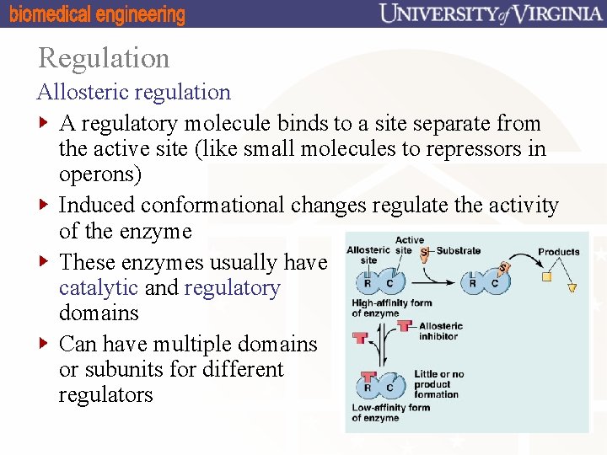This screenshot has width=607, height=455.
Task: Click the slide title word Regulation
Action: point(104,58)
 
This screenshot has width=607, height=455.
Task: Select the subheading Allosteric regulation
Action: point(133,92)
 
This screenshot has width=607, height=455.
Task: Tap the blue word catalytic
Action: point(99,288)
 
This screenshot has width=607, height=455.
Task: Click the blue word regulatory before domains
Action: point(232,288)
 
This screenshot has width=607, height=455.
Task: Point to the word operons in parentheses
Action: point(100,174)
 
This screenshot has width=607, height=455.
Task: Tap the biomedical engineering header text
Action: point(97,14)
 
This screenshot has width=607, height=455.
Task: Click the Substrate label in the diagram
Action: point(459,250)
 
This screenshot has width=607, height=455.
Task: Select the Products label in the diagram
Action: point(558,251)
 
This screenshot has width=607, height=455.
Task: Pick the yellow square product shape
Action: point(546,276)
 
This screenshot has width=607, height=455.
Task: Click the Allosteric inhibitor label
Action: point(439,331)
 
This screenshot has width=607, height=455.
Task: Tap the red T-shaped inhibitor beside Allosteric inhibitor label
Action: point(405,326)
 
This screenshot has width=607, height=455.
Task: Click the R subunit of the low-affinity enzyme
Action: point(368,388)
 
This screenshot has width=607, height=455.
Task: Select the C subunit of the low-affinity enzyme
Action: point(389,388)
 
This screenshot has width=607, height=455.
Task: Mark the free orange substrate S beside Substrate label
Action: point(424,252)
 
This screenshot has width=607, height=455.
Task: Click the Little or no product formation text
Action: point(438,384)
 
